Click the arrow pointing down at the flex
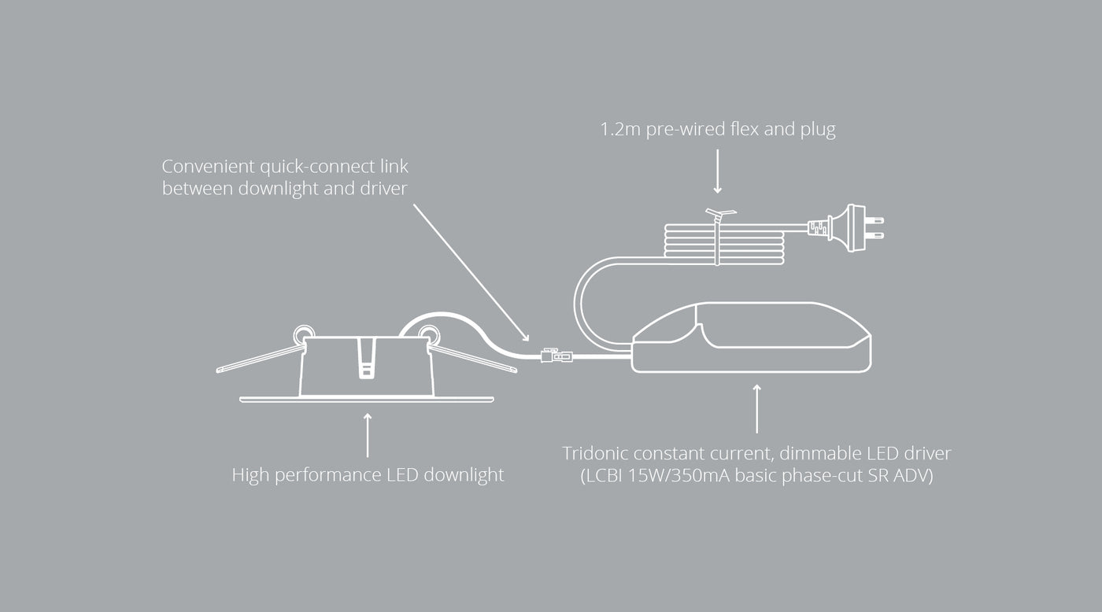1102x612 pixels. point(717,172)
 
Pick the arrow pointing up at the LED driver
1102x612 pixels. point(757,408)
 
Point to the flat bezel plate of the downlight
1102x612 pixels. point(366,399)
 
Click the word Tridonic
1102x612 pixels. point(597,454)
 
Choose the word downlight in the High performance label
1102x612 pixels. point(464,475)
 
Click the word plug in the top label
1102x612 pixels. point(818,131)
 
